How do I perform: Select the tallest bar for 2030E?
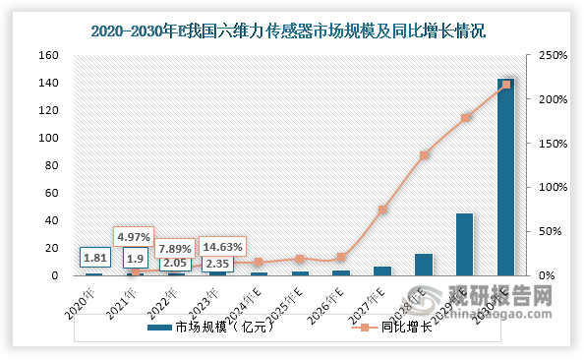pyautogui.click(x=505, y=177)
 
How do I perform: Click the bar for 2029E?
pyautogui.click(x=464, y=244)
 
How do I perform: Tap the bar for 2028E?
pyautogui.click(x=423, y=265)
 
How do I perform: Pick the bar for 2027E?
pyautogui.click(x=381, y=270)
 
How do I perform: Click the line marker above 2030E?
pyautogui.click(x=505, y=85)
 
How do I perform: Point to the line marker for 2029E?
pyautogui.click(x=464, y=118)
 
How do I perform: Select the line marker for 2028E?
pyautogui.click(x=423, y=155)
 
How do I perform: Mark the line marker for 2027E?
pyautogui.click(x=381, y=210)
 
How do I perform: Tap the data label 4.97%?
pyautogui.click(x=135, y=237)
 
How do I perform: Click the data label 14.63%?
pyautogui.click(x=223, y=246)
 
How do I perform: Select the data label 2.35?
pyautogui.click(x=216, y=263)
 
